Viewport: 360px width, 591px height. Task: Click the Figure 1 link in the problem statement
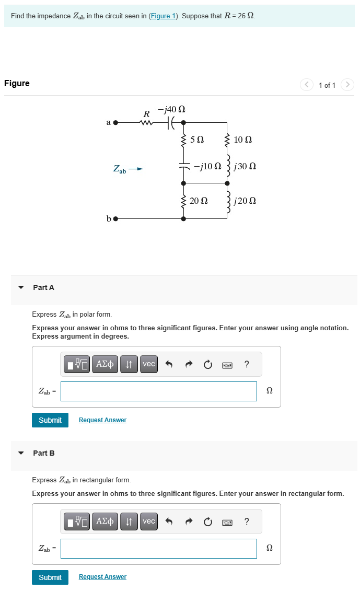coord(162,16)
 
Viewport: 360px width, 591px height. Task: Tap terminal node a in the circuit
coord(116,123)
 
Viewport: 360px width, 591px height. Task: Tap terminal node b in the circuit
coord(116,218)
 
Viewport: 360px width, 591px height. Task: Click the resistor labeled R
coord(146,123)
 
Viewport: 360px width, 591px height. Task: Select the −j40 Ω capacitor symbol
coord(170,123)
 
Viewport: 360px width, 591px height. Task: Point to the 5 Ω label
coord(197,140)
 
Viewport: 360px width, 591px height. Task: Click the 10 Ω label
coord(243,140)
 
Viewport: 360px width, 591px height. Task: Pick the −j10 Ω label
coord(207,167)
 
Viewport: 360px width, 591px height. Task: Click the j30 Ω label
coord(245,167)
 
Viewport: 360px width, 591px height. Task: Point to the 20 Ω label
coord(199,201)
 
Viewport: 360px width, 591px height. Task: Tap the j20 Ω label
coord(245,201)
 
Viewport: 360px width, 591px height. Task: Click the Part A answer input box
coord(158,391)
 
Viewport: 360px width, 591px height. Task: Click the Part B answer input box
coord(158,549)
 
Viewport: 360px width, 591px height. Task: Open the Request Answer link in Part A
coord(102,420)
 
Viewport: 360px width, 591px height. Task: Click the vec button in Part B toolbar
coord(149,522)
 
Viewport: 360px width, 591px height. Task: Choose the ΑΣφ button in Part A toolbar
coord(106,364)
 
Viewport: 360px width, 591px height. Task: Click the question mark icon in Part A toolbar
coord(247,364)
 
